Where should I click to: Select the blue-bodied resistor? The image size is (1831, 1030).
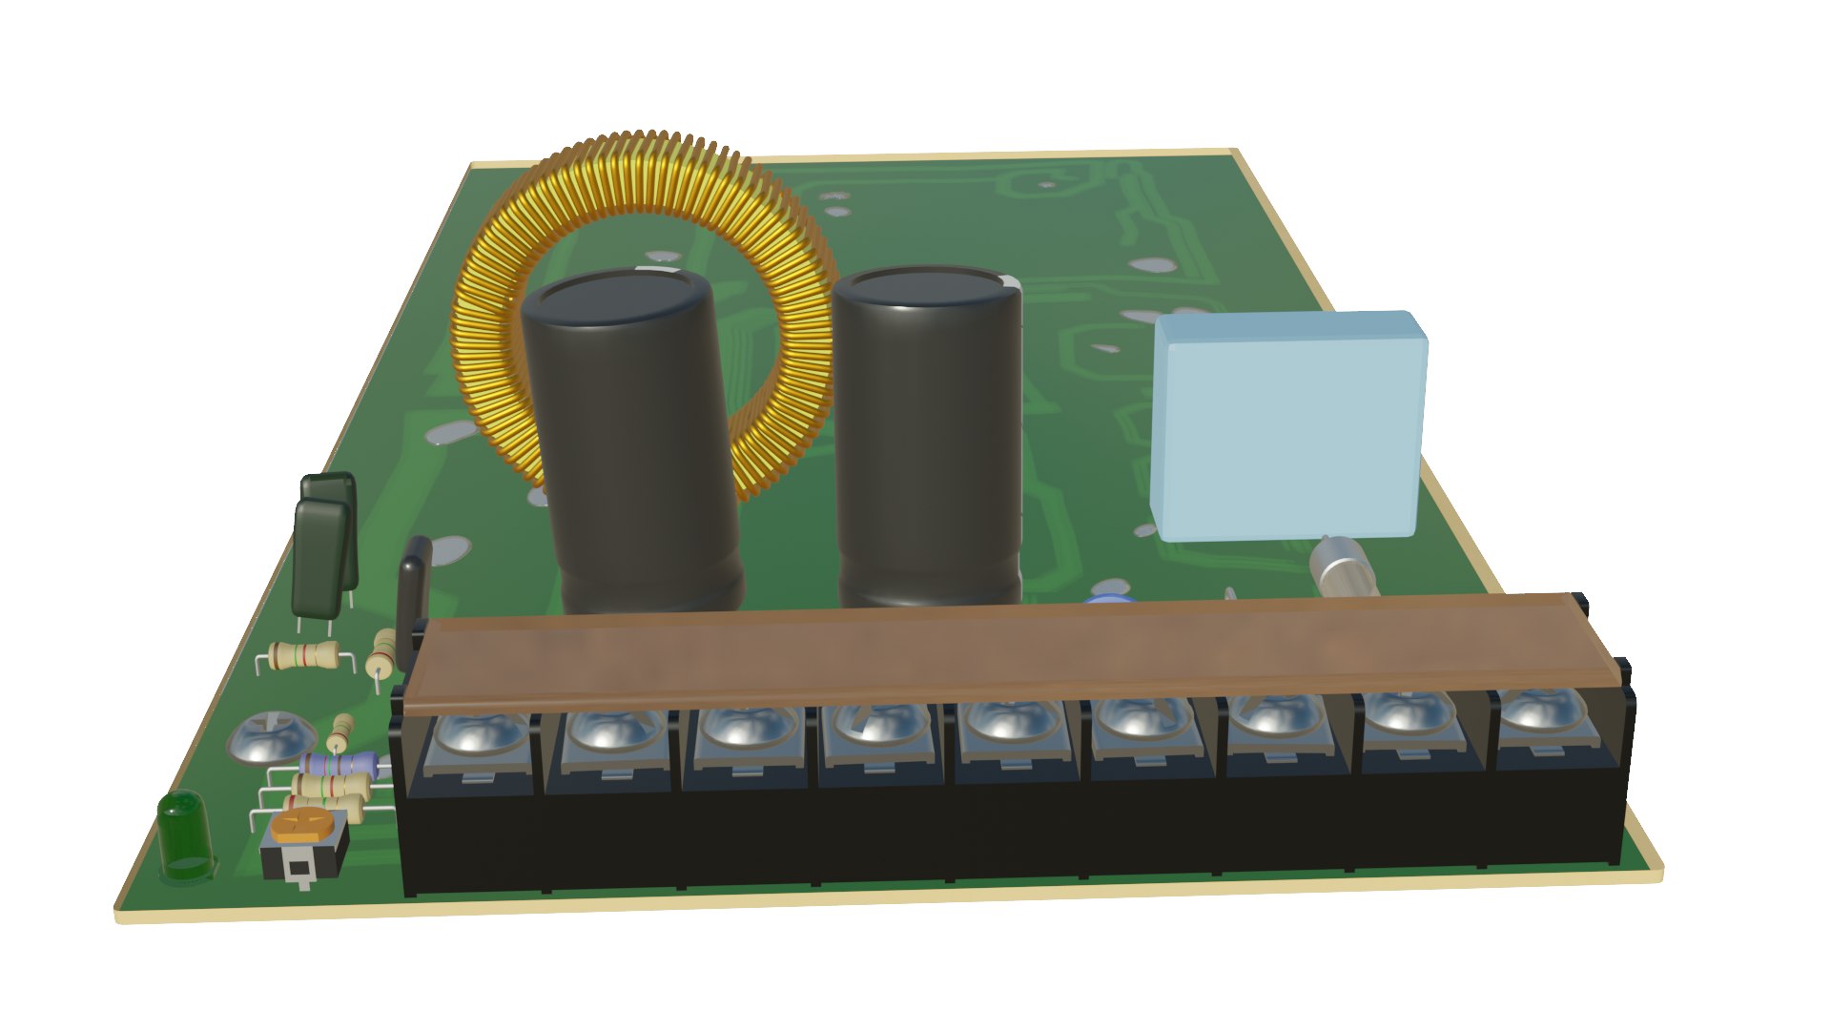pyautogui.click(x=339, y=764)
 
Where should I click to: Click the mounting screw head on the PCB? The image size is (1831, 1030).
pyautogui.click(x=273, y=736)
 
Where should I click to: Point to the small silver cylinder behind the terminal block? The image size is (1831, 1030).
pyautogui.click(x=1343, y=568)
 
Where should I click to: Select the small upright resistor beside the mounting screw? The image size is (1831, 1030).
pyautogui.click(x=339, y=732)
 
